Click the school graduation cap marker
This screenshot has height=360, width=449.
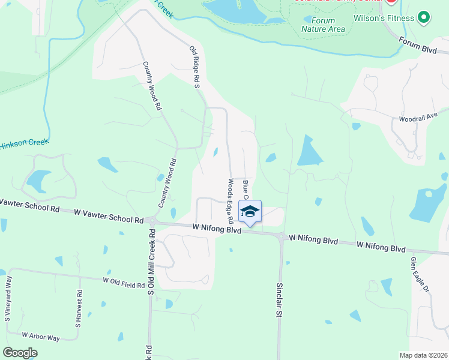(250, 211)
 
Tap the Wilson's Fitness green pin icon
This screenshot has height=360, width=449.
(424, 18)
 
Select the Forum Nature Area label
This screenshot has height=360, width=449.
(323, 25)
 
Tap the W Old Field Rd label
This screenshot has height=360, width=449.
(124, 280)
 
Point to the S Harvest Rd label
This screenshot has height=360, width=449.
(78, 308)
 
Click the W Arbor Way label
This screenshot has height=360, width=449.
(40, 337)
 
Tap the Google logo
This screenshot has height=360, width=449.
(20, 353)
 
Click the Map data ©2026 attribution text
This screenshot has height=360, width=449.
(423, 355)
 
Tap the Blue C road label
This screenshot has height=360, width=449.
(246, 187)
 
